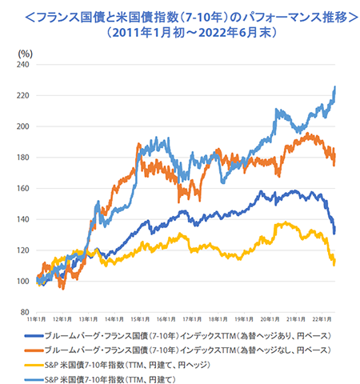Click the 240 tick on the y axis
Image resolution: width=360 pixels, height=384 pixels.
coord(23,64)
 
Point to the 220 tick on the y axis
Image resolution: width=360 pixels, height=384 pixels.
coord(23,95)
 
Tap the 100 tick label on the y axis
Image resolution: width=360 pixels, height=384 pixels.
coord(23,281)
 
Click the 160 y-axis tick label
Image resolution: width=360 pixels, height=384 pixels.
coord(23,188)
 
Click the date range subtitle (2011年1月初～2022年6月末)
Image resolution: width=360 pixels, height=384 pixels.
coord(180,34)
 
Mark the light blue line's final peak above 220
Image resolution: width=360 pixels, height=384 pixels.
coord(334,87)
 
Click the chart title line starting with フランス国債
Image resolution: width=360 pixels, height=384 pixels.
coord(180,15)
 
